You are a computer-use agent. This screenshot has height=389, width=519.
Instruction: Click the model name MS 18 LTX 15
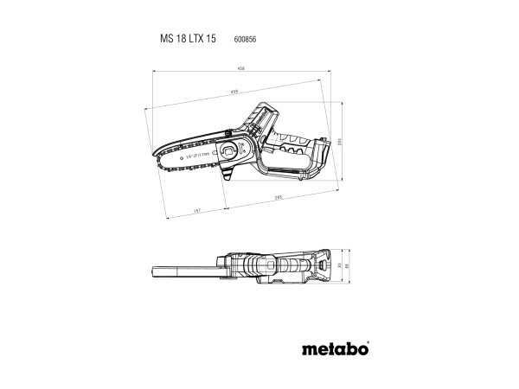[x=186, y=40]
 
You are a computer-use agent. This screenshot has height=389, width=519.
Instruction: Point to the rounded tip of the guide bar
[x=163, y=158]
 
